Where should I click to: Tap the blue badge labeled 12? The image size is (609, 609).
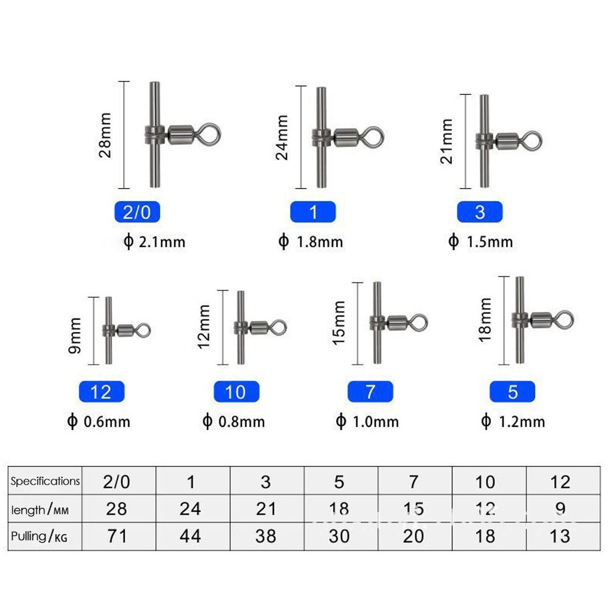point(101,392)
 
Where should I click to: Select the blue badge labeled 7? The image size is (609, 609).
point(370,392)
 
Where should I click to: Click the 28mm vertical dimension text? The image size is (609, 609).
point(106,135)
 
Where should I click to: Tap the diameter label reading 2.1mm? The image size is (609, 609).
point(154,242)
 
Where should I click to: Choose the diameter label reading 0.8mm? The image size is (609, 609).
point(234,421)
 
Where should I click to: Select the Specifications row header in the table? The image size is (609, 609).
point(45,481)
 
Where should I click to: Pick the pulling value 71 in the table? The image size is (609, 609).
point(116,536)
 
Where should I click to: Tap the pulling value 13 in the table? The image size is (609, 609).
point(560,536)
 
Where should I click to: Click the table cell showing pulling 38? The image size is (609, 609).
point(266,536)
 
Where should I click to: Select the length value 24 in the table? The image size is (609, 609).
point(191,509)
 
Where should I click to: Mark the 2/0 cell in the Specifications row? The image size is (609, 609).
point(116,482)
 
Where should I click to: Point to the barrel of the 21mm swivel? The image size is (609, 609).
point(505,143)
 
